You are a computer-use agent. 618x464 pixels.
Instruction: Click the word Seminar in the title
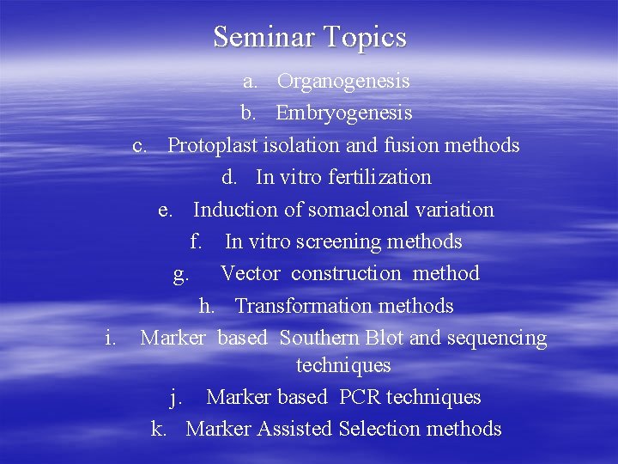pyautogui.click(x=265, y=38)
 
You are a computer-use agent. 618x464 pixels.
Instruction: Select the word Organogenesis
pyautogui.click(x=343, y=82)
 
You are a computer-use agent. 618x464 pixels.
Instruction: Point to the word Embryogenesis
pyautogui.click(x=344, y=113)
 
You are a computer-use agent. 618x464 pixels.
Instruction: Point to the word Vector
pyautogui.click(x=251, y=274)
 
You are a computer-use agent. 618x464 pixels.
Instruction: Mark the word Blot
pyautogui.click(x=387, y=339)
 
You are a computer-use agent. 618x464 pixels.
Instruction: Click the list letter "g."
pyautogui.click(x=181, y=275)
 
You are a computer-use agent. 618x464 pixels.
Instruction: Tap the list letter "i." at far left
pyautogui.click(x=110, y=339)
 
